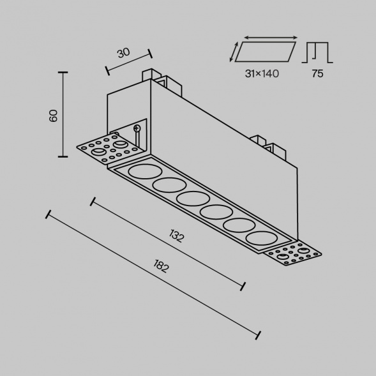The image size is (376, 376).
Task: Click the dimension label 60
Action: (54, 116)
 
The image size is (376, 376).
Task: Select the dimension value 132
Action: (177, 236)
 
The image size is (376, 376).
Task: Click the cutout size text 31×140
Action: (262, 74)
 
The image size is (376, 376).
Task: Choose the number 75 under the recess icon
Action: (317, 74)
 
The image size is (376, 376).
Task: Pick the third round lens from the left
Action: (190, 198)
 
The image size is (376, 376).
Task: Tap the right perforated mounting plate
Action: (292, 255)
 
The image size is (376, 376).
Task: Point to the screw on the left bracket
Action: (137, 129)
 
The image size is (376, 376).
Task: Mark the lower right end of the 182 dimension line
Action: (259, 335)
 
